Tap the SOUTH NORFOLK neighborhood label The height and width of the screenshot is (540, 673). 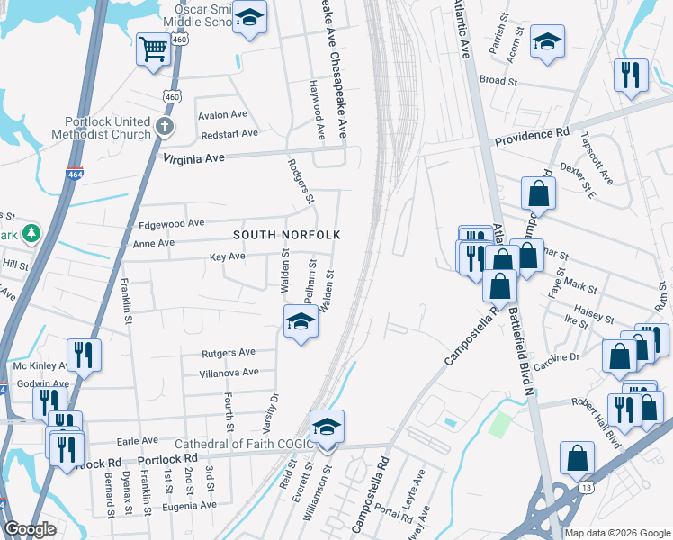(287, 235)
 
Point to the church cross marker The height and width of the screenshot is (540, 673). (163, 127)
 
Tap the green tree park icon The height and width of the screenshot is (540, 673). (32, 234)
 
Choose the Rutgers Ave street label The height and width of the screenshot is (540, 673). (228, 352)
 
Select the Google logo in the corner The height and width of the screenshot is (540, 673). (29, 529)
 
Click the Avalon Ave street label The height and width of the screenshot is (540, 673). (222, 115)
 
